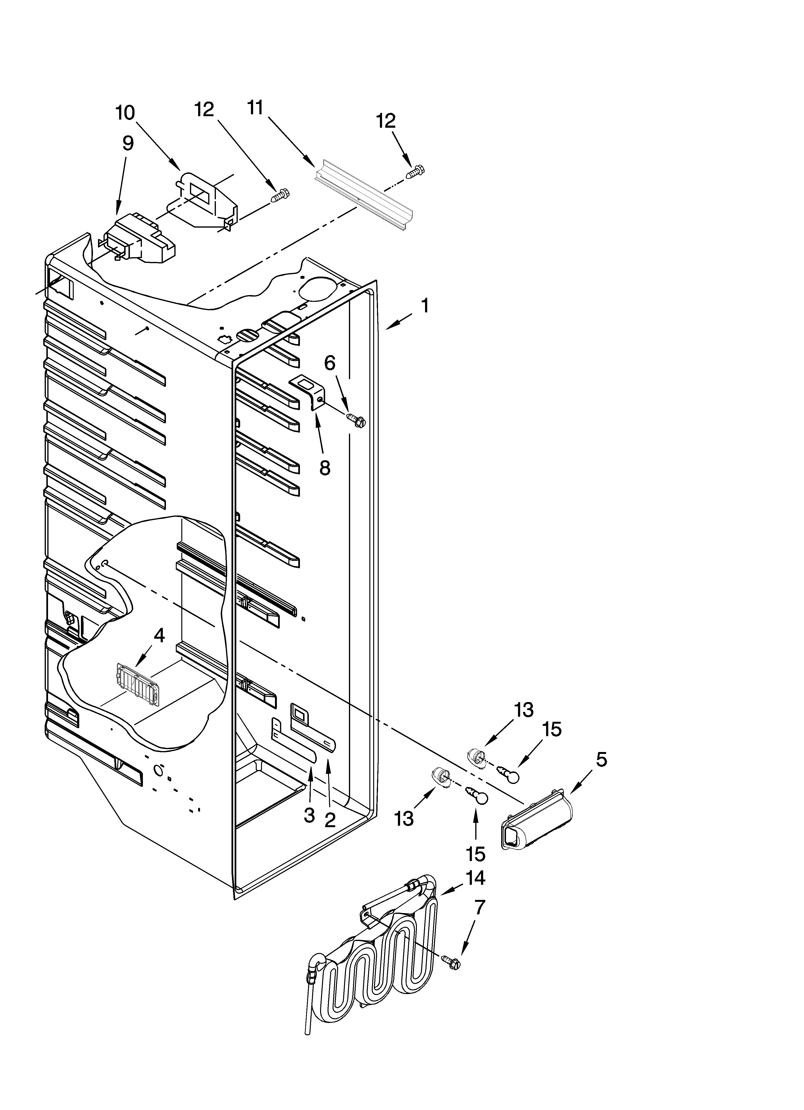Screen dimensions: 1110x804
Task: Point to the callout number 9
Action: click(x=127, y=143)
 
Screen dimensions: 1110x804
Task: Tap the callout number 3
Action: click(x=309, y=815)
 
